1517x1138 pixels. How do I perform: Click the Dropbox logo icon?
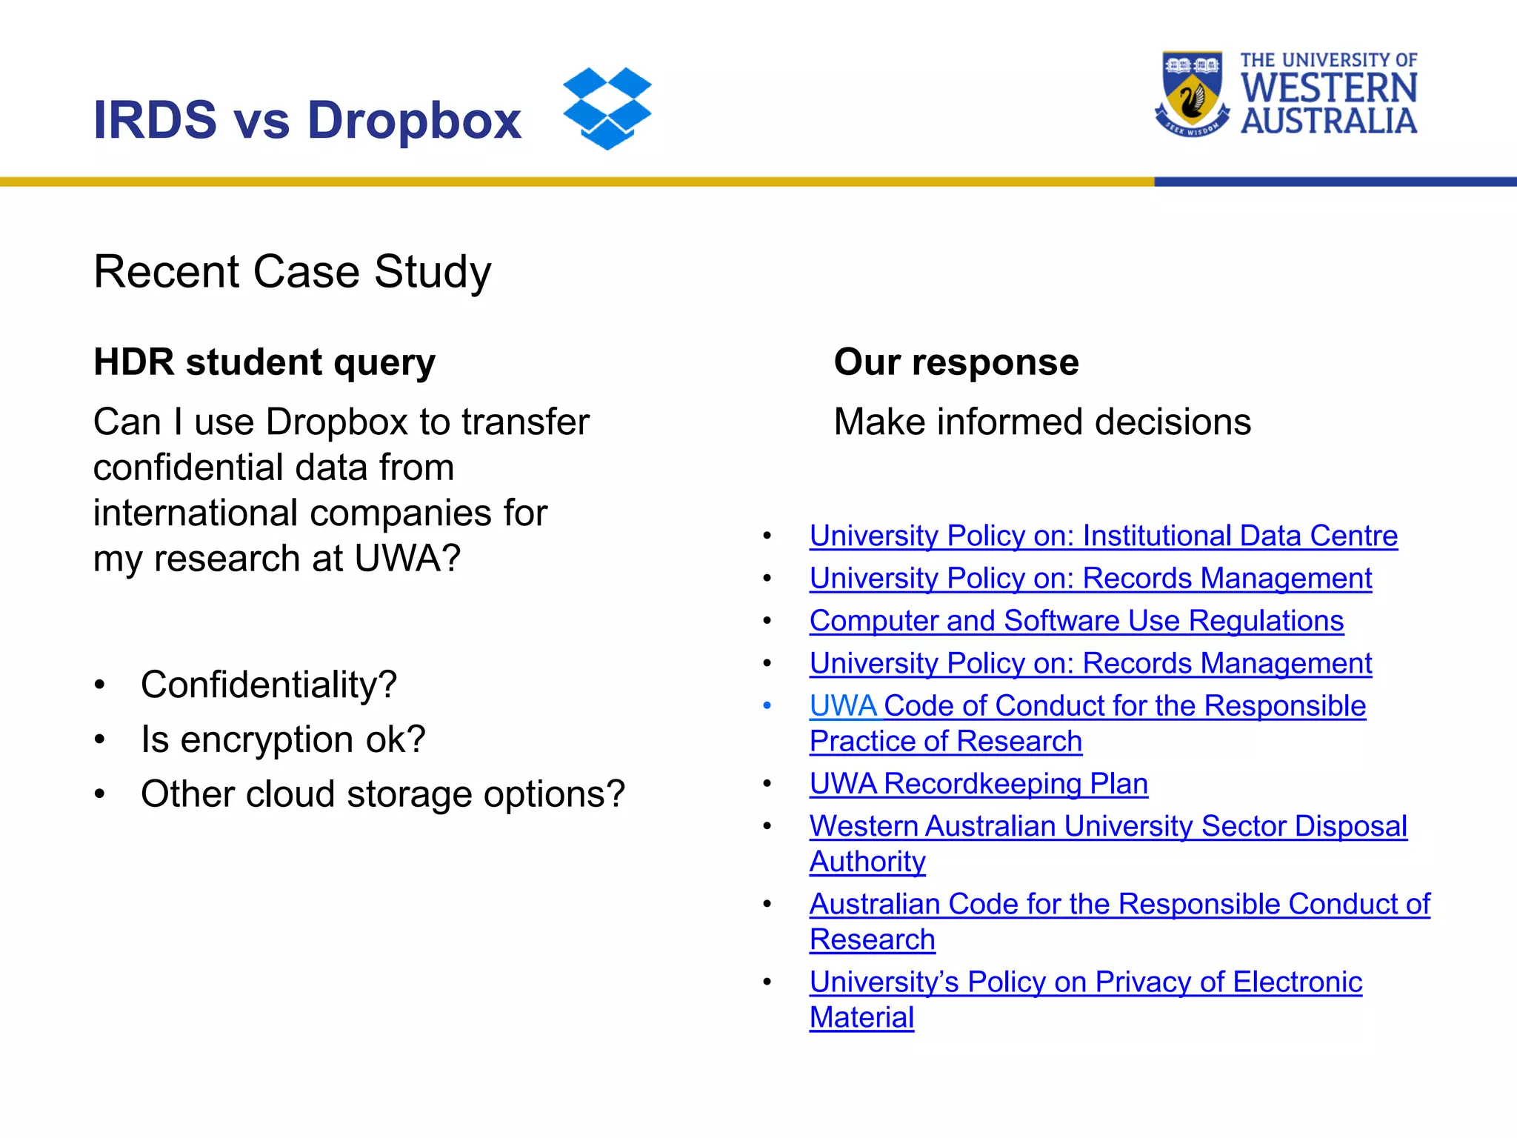pyautogui.click(x=607, y=108)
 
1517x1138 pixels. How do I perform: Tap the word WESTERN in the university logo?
pyautogui.click(x=1329, y=88)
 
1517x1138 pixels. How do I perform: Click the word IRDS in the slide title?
pyautogui.click(x=155, y=120)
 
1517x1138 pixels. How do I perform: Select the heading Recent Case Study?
pyautogui.click(x=292, y=271)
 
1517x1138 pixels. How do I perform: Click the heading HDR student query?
pyautogui.click(x=264, y=362)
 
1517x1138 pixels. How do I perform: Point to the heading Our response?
pyautogui.click(x=956, y=362)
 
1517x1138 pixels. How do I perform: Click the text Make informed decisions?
pyautogui.click(x=1041, y=422)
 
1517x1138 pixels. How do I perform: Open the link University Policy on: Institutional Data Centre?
pyautogui.click(x=1103, y=536)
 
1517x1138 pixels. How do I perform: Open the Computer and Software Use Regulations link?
pyautogui.click(x=1076, y=621)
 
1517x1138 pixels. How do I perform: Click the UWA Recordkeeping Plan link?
pyautogui.click(x=978, y=784)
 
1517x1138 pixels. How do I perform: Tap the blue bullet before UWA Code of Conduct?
pyautogui.click(x=767, y=706)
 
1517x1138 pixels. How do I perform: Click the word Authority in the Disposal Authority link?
pyautogui.click(x=867, y=862)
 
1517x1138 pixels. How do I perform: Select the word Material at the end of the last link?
pyautogui.click(x=861, y=1017)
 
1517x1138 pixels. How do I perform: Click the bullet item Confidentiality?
pyautogui.click(x=268, y=685)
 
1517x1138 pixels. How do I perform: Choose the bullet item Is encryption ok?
pyautogui.click(x=283, y=739)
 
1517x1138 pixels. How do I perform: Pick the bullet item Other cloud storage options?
pyautogui.click(x=382, y=794)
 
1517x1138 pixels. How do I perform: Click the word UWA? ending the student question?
pyautogui.click(x=407, y=559)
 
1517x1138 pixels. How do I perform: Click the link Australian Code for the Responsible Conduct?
pyautogui.click(x=1118, y=904)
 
